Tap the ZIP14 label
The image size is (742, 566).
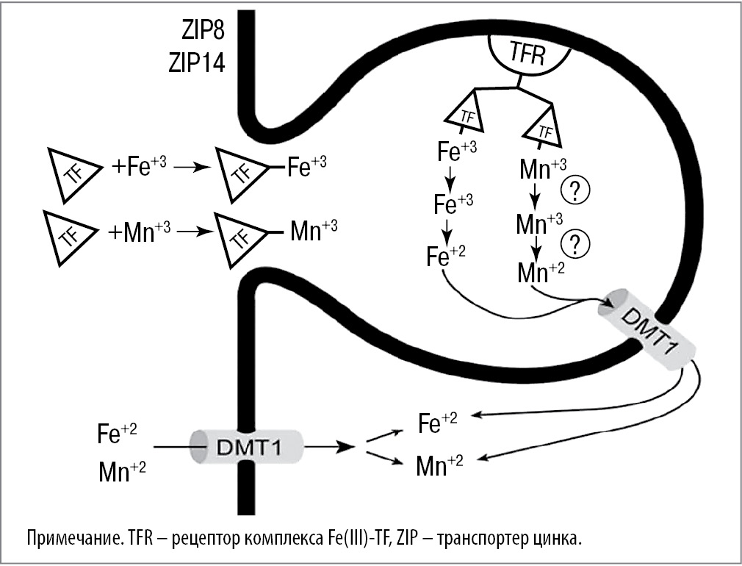coord(195,62)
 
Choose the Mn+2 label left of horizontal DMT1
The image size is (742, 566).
coord(122,471)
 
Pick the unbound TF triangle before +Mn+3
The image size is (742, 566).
coord(70,234)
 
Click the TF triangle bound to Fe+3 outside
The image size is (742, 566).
coord(240,174)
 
